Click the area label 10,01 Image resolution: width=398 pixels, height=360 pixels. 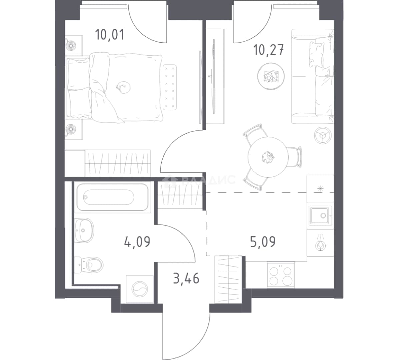[110, 35]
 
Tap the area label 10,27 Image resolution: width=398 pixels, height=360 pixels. [269, 50]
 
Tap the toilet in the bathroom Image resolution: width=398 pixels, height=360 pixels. [89, 265]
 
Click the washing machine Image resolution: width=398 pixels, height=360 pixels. [140, 289]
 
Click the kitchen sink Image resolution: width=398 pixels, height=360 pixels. [321, 216]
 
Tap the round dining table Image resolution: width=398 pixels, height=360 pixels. [268, 157]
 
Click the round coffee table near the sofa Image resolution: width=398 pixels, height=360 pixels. [271, 76]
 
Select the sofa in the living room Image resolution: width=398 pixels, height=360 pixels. [312, 76]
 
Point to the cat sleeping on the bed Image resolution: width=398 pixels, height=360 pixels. [123, 87]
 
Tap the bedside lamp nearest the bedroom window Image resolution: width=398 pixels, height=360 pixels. [71, 46]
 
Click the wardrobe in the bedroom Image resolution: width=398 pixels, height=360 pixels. [118, 163]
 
